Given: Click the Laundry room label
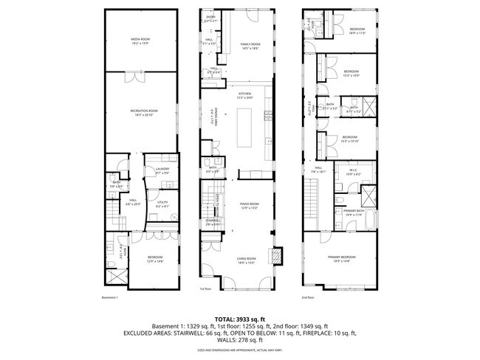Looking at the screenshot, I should click(x=163, y=170).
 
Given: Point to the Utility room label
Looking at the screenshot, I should click(x=163, y=204).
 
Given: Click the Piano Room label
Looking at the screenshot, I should click(x=250, y=206).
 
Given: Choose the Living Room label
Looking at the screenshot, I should click(x=246, y=260).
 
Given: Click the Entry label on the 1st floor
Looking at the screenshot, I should click(x=210, y=18).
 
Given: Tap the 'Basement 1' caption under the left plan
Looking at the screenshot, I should click(x=110, y=297).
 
